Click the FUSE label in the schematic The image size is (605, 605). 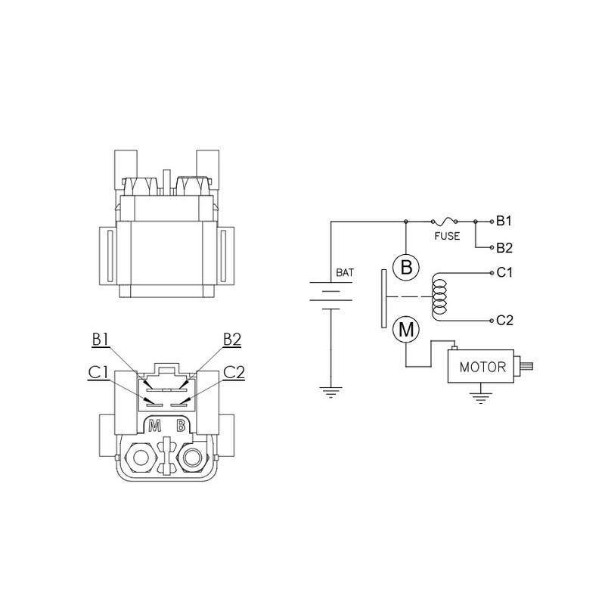(x=447, y=236)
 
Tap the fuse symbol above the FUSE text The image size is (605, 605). (x=444, y=221)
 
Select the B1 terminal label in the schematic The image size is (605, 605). (x=504, y=221)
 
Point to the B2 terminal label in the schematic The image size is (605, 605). (x=504, y=248)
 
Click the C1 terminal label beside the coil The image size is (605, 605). (x=504, y=272)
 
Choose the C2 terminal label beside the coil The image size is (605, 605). (x=504, y=320)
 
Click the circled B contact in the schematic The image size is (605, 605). (x=406, y=268)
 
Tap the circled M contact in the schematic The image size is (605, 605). (x=406, y=330)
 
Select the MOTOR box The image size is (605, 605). (x=481, y=366)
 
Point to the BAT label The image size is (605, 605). (x=345, y=273)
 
